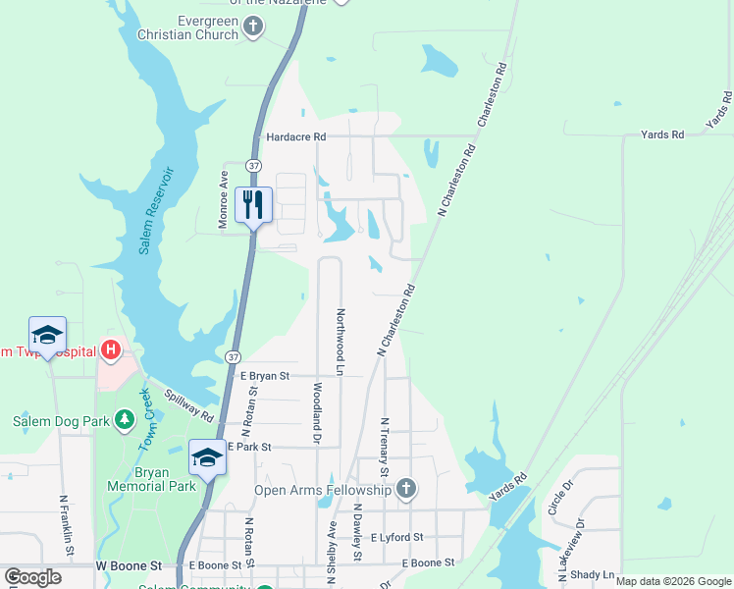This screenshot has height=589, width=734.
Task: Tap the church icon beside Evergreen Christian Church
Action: click(253, 27)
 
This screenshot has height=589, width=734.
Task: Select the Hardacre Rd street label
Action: click(293, 137)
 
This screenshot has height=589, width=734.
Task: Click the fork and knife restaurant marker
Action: click(253, 204)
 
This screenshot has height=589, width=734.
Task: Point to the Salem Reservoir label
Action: click(154, 211)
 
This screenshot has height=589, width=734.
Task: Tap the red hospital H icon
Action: click(111, 350)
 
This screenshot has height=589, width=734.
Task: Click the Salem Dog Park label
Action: click(59, 422)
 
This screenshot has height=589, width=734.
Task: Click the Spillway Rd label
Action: click(189, 402)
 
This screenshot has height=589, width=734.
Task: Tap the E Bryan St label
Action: click(265, 376)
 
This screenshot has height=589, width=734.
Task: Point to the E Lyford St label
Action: click(396, 538)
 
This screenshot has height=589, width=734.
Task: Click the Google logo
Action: click(32, 576)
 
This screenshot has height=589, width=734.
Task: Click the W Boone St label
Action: click(129, 566)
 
